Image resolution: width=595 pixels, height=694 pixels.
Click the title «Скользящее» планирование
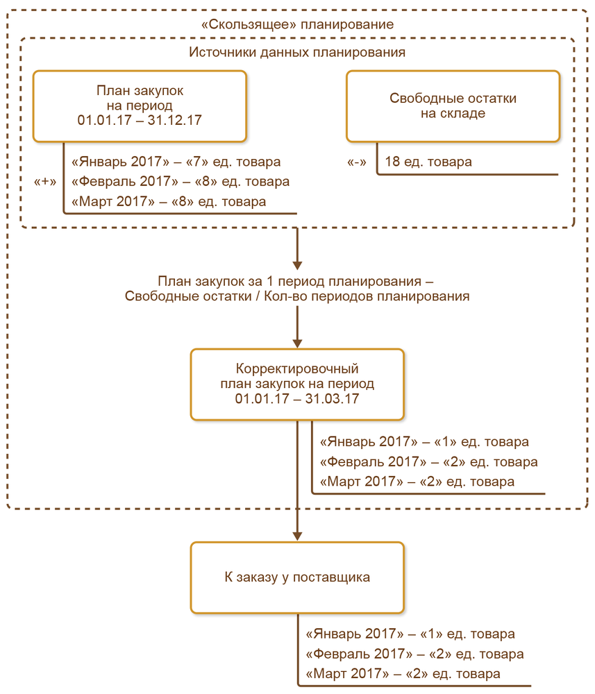click(297, 24)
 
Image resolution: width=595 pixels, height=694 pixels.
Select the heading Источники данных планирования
click(297, 53)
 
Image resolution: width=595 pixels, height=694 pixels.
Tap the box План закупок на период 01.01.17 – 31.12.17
click(140, 105)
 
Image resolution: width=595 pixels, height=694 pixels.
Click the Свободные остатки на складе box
click(453, 105)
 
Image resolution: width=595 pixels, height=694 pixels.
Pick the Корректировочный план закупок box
click(297, 384)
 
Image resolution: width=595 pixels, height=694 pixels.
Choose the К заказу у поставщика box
click(297, 577)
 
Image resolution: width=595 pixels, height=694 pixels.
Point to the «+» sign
click(45, 182)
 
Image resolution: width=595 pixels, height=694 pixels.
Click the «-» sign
click(357, 162)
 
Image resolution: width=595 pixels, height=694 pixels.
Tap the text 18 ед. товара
click(428, 162)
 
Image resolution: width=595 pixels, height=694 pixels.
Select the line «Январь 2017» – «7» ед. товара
click(176, 162)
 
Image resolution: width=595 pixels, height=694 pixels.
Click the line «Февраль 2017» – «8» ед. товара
click(180, 183)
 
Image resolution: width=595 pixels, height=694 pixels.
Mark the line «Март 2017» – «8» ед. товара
click(168, 203)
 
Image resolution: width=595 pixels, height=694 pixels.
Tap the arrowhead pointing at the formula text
click(297, 264)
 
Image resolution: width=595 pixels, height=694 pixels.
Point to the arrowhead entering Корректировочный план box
click(297, 342)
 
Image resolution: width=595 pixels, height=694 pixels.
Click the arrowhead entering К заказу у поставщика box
click(297, 536)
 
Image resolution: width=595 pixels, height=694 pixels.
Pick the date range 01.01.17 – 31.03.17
click(297, 400)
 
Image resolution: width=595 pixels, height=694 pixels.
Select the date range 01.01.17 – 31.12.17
click(140, 121)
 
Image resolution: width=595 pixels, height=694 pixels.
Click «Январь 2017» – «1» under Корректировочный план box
click(424, 442)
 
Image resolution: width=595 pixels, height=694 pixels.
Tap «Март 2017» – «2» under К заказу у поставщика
click(402, 675)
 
